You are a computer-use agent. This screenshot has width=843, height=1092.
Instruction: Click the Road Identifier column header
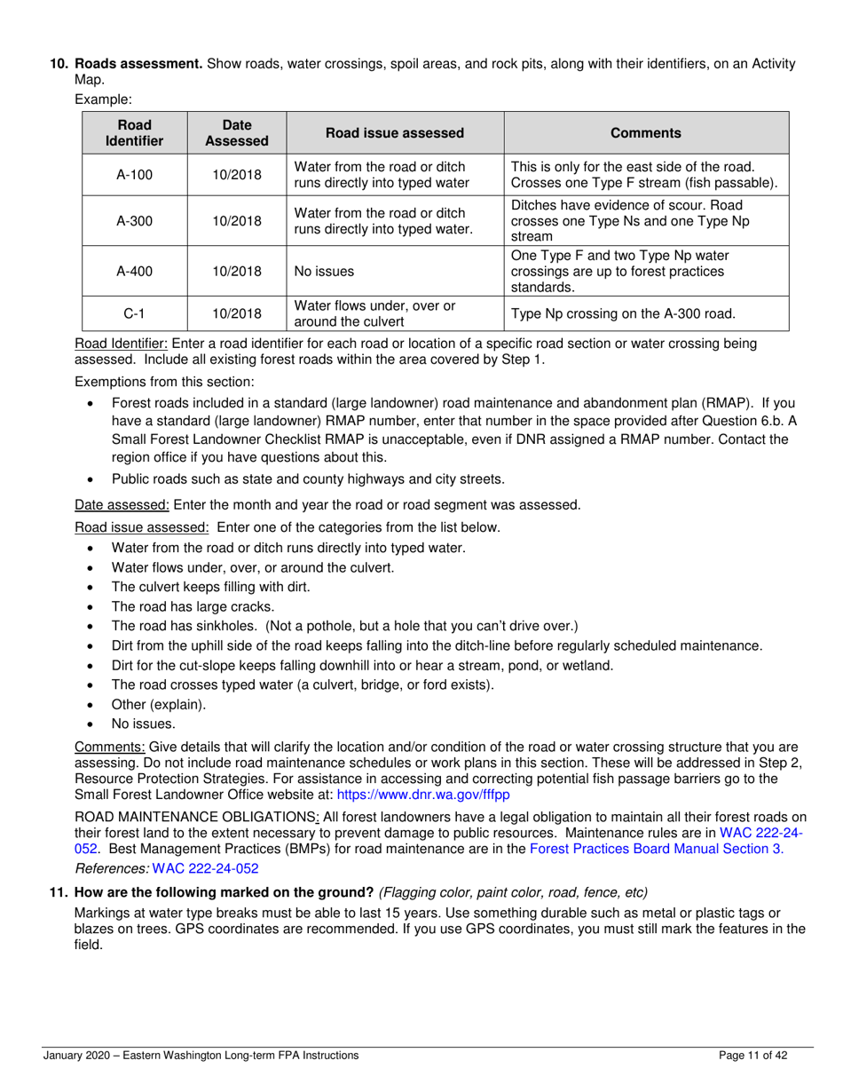point(134,133)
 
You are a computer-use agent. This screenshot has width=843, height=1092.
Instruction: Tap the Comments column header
point(646,133)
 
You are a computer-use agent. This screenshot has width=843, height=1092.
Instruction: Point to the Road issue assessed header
point(395,133)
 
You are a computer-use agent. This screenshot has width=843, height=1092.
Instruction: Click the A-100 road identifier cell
point(134,175)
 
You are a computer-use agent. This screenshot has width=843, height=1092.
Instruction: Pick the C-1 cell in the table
point(134,313)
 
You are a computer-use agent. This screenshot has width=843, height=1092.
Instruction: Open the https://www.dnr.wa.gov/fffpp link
point(423,796)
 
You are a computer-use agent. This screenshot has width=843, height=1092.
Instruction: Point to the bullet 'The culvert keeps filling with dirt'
point(211,587)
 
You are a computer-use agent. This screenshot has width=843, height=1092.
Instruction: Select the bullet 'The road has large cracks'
point(193,606)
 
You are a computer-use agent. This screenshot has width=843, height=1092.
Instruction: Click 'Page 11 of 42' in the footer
point(752,1056)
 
